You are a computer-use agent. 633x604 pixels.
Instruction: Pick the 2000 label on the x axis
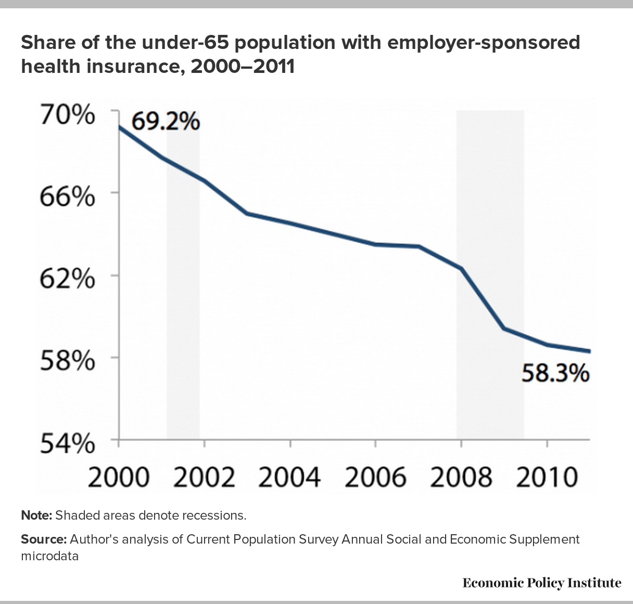point(119,476)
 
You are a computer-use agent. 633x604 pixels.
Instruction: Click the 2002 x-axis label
point(205,476)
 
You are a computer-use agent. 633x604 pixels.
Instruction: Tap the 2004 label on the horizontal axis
point(290,476)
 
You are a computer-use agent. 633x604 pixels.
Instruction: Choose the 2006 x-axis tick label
point(375,476)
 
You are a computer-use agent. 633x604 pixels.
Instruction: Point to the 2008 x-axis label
point(461,476)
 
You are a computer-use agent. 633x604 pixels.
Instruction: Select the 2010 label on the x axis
point(547,476)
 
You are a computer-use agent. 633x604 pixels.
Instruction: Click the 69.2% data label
point(166,122)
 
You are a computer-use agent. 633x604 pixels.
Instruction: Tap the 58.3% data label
point(555,373)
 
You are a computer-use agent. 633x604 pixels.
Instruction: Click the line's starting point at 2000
point(120,127)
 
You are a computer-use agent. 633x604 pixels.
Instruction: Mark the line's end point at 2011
point(589,351)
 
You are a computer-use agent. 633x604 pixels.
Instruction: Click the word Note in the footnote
point(36,515)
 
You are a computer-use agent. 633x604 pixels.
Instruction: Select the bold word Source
point(43,539)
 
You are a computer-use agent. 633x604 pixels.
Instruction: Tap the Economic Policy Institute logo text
point(542,583)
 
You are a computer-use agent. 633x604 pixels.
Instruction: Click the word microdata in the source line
point(49,556)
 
